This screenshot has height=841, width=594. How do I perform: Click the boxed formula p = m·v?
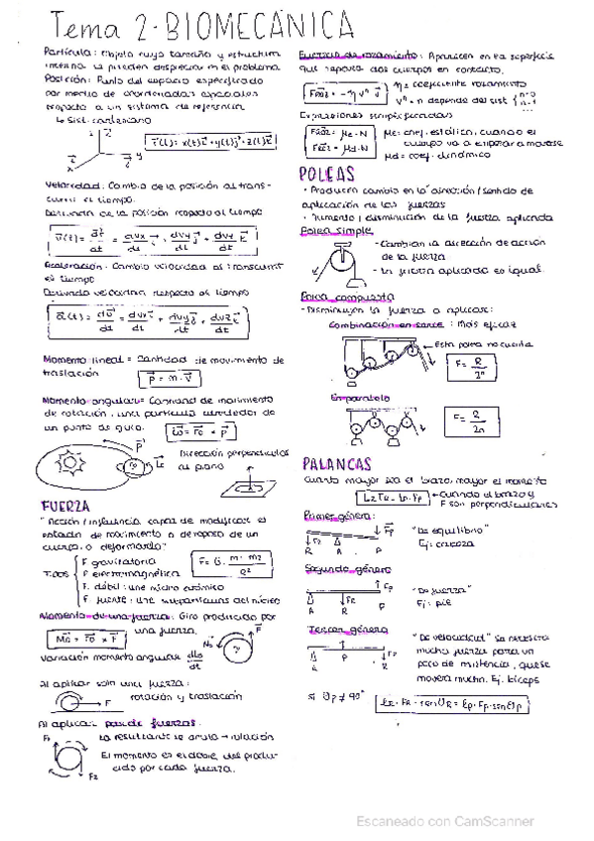click(x=160, y=378)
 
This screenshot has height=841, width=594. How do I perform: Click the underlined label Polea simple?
click(x=326, y=230)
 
